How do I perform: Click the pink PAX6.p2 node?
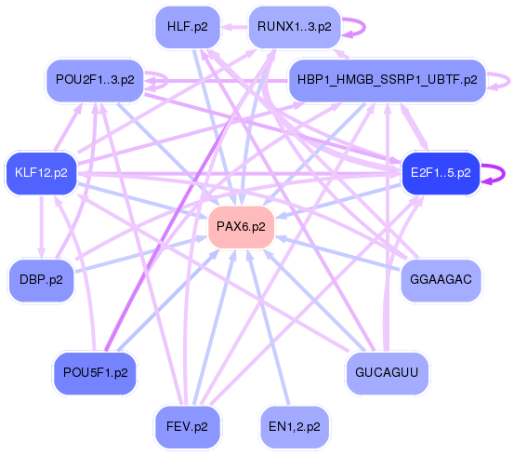pos(241,227)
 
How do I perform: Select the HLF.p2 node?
pos(187,27)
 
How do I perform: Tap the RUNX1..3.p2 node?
pos(293,27)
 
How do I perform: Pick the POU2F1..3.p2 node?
pos(95,80)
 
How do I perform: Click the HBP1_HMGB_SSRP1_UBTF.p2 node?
pos(387,80)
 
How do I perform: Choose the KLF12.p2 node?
pos(42,172)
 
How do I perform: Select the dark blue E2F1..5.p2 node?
pos(440,173)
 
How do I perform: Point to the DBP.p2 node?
pos(42,279)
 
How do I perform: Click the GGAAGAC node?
pos(440,279)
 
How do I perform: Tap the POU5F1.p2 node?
pos(95,372)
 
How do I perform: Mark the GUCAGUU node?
pos(387,372)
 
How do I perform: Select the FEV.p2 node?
pos(187,426)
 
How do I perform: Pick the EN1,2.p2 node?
pos(293,426)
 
